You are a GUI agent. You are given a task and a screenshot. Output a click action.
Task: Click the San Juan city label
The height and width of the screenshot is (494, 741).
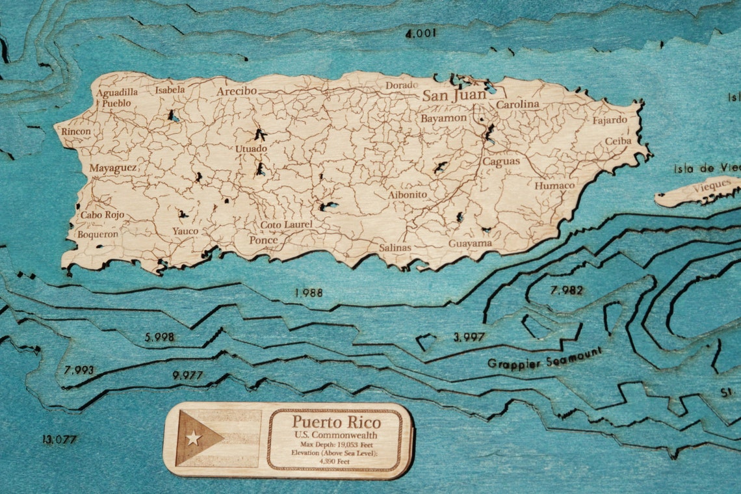(x=454, y=95)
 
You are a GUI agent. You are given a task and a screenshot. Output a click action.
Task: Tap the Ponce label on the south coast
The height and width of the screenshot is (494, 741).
(x=263, y=240)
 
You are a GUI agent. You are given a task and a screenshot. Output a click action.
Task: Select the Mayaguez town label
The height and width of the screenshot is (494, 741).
(x=112, y=168)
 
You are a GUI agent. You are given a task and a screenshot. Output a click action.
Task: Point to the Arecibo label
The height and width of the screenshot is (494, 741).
(x=237, y=91)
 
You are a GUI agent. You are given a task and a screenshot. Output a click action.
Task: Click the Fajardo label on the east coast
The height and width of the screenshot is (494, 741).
(x=610, y=120)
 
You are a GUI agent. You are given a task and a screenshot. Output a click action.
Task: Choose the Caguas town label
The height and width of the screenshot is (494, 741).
(x=500, y=161)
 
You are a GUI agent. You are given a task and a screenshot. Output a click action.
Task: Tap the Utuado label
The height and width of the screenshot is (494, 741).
(x=251, y=149)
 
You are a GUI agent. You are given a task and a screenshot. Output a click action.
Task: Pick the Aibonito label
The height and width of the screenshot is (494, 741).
(x=408, y=194)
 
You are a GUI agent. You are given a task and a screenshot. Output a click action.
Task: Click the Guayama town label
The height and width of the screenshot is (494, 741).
(x=470, y=244)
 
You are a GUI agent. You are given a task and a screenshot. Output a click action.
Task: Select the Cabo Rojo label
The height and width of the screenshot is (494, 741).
(x=102, y=214)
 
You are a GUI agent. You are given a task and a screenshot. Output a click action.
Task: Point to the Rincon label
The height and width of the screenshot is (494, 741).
(x=76, y=131)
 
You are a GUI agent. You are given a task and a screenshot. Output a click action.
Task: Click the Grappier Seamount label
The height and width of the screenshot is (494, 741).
(x=545, y=357)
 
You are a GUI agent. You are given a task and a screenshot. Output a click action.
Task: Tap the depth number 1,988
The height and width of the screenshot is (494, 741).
(x=308, y=292)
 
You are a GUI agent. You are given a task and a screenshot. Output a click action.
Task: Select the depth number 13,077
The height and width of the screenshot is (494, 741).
(x=59, y=439)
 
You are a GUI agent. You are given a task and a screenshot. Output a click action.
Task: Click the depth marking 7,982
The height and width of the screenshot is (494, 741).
(x=566, y=290)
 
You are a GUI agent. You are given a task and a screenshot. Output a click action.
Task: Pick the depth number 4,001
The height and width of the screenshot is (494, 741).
(x=421, y=34)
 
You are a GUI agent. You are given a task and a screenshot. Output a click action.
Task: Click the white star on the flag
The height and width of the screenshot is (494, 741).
(x=192, y=438)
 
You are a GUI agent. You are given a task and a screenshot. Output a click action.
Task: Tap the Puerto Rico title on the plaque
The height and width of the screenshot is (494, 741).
(x=336, y=422)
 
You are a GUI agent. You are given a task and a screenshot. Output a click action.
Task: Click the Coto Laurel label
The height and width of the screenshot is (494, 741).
(x=286, y=225)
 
